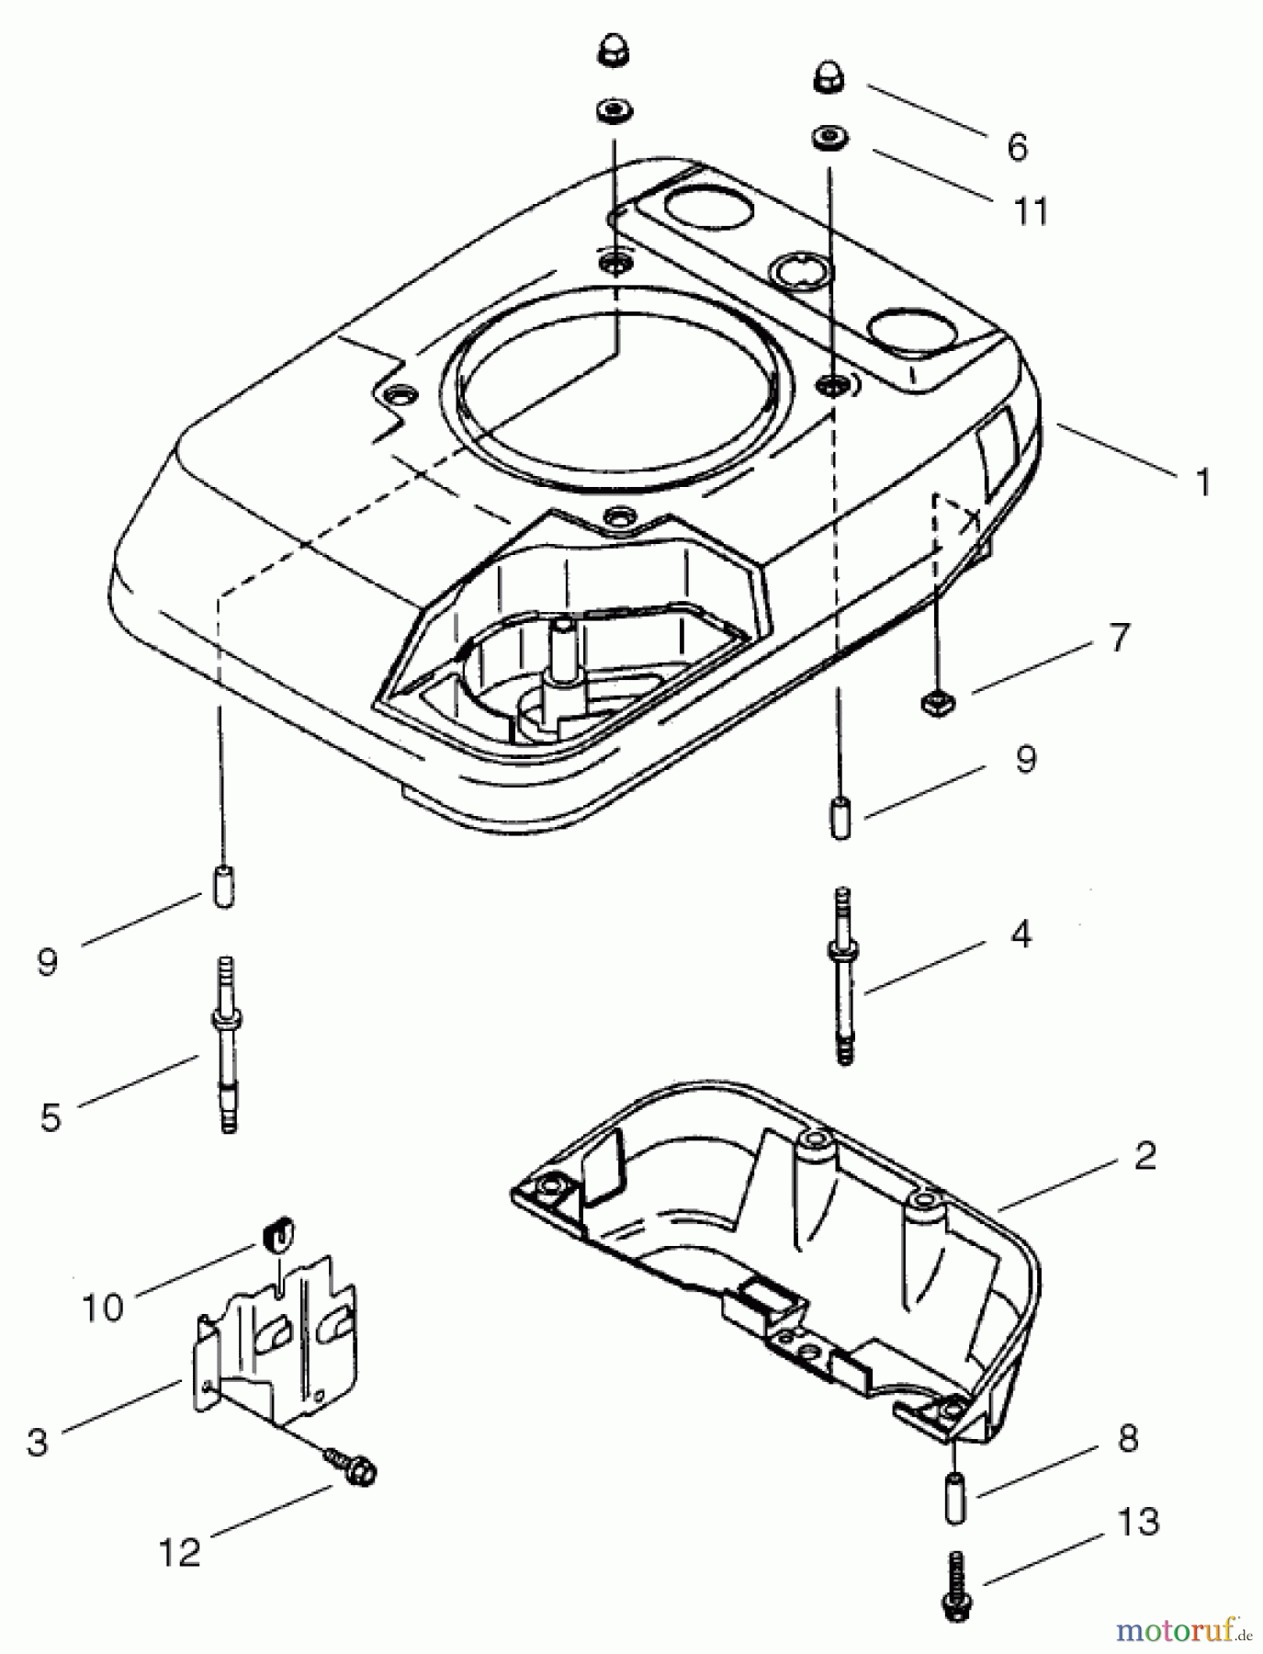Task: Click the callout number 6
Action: coord(1017,148)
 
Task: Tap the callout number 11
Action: coord(1031,212)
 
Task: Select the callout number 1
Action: coord(1202,481)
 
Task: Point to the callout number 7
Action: coord(1118,637)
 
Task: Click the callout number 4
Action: coord(1021,936)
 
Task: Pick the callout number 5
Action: coord(50,1116)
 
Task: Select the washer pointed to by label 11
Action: coord(829,139)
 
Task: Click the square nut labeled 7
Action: coord(938,703)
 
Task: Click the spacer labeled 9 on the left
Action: coord(223,886)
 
